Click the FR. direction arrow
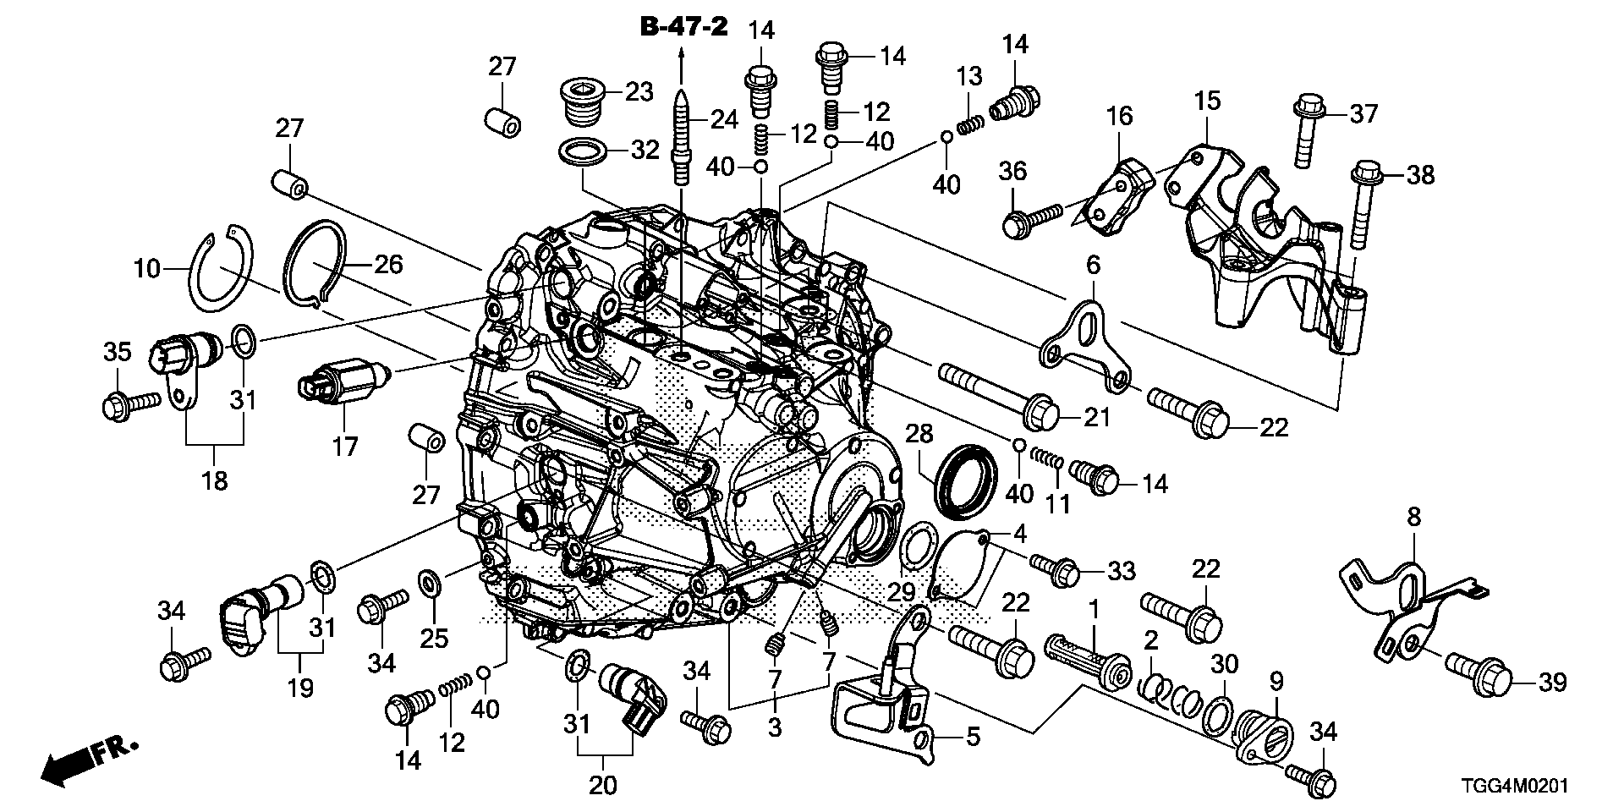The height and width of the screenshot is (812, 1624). (85, 760)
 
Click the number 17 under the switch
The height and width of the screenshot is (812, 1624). (345, 445)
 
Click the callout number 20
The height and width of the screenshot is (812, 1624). (603, 785)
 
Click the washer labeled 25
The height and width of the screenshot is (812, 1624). (430, 582)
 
